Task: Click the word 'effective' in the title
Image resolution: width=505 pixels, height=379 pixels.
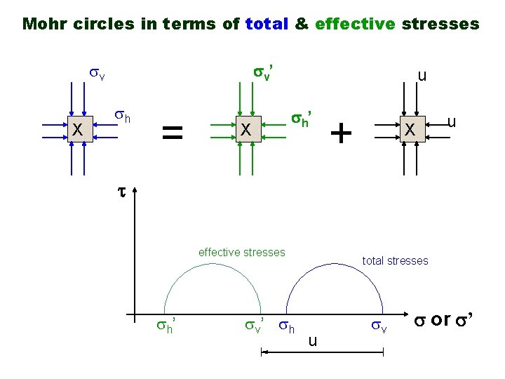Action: pos(356,25)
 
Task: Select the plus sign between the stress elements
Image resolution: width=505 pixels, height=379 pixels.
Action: pos(340,131)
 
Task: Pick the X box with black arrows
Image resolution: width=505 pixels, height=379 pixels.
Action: pos(410,129)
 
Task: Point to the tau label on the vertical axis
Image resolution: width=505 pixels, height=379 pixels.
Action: pos(121,190)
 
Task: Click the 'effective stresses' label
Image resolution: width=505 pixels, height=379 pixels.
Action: pos(242,252)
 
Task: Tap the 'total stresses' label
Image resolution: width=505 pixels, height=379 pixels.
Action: pos(395,260)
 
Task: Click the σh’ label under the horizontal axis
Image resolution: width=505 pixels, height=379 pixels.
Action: pos(166,326)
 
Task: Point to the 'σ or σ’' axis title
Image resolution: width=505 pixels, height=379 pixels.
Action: pos(445,319)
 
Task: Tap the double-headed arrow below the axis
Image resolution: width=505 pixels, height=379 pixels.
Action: pos(322,355)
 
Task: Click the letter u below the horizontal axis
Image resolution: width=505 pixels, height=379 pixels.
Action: pos(313,341)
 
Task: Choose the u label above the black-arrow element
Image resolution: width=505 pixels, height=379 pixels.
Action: pos(421,75)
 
